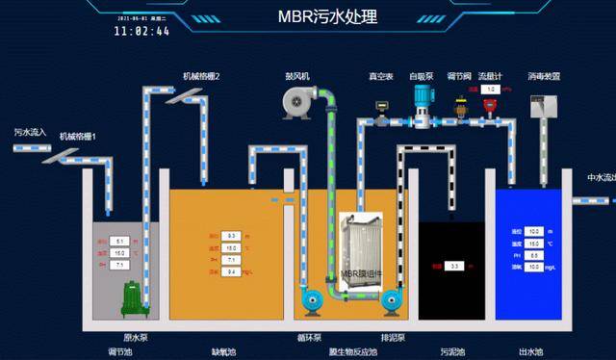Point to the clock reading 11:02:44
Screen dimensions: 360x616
(x=141, y=31)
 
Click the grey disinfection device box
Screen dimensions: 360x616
(x=545, y=107)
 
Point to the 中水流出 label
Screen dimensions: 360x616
(x=601, y=177)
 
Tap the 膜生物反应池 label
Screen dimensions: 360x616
(x=349, y=351)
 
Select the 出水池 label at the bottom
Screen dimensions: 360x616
(x=530, y=351)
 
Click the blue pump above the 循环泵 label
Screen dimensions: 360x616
(x=312, y=302)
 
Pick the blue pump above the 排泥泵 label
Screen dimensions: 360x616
(x=392, y=302)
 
